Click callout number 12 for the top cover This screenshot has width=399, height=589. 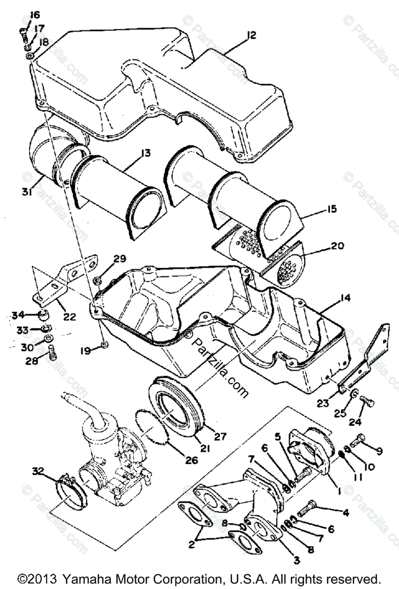pyautogui.click(x=252, y=35)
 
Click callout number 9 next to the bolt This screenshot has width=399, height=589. pyautogui.click(x=379, y=450)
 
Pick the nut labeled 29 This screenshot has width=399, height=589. pyautogui.click(x=97, y=280)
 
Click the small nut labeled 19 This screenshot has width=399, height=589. pyautogui.click(x=105, y=346)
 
